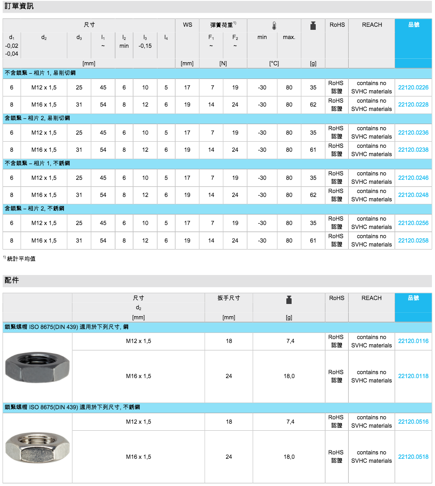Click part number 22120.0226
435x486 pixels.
point(413,87)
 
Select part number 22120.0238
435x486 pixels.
point(413,150)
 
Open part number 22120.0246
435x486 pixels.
point(413,178)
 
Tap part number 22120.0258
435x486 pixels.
point(413,240)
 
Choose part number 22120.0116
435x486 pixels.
point(413,341)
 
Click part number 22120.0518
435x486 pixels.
point(413,457)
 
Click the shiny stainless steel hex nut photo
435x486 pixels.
point(37,448)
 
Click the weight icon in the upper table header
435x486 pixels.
point(313,26)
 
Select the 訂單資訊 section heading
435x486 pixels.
point(19,6)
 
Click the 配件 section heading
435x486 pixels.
point(12,280)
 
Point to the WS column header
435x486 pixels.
point(187,25)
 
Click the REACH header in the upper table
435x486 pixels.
point(372,25)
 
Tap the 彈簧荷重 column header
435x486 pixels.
point(223,25)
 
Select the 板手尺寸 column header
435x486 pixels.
point(229,298)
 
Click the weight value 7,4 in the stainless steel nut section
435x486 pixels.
point(289,422)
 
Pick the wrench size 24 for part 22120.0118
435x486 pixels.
point(229,376)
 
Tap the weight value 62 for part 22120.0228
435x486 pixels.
point(313,104)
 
